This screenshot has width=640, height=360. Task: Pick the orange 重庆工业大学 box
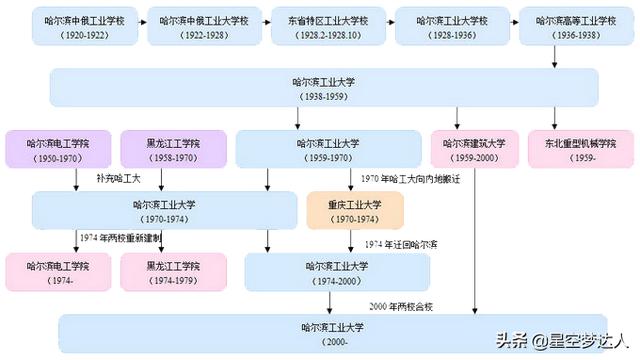point(355,210)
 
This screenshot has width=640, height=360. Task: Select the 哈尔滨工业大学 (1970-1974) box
point(164,210)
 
